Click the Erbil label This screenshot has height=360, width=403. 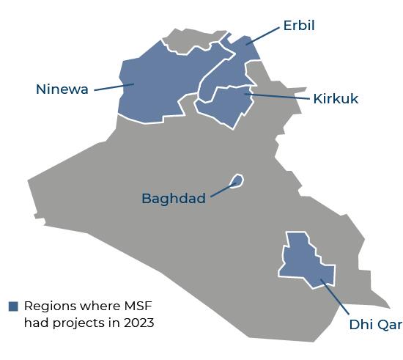(299, 26)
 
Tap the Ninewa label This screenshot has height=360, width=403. (62, 89)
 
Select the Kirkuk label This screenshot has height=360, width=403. (336, 98)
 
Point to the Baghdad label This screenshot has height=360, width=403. (173, 199)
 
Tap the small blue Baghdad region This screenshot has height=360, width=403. (237, 180)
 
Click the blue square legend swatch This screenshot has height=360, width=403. (13, 306)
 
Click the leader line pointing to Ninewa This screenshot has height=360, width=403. (114, 87)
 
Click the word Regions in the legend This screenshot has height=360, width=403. (48, 306)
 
